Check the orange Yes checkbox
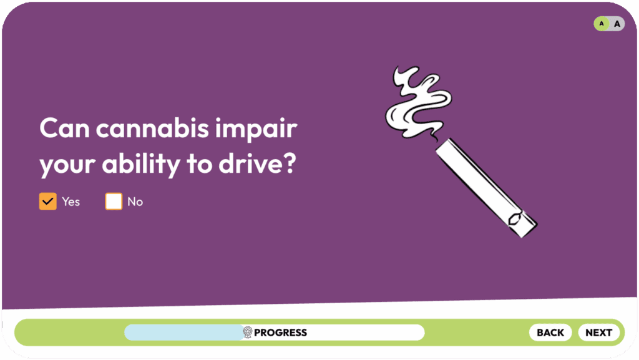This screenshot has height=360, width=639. click(47, 201)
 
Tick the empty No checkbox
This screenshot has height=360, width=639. click(114, 201)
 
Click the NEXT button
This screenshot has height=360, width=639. click(598, 333)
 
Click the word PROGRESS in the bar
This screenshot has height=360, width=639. click(280, 333)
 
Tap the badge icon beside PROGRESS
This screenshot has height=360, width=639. click(247, 333)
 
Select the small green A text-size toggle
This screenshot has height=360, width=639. click(602, 24)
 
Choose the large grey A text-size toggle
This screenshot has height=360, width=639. click(617, 24)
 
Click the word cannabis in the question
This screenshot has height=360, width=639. click(152, 129)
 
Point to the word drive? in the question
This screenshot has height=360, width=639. click(257, 163)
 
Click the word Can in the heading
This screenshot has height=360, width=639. click(64, 129)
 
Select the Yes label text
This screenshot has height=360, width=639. click(71, 202)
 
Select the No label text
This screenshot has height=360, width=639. click(135, 202)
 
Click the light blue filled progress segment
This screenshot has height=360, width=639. click(184, 333)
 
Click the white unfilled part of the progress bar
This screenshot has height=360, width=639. click(367, 333)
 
